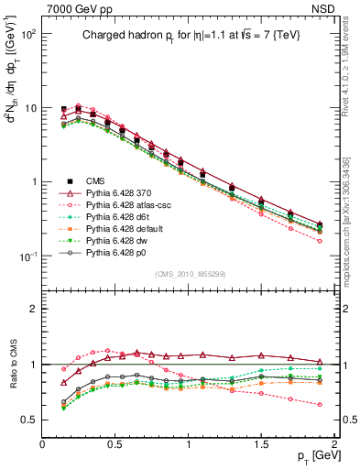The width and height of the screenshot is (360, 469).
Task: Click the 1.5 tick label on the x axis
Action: pyautogui.click(x=261, y=443)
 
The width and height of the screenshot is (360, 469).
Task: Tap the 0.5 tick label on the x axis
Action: pyautogui.click(x=115, y=443)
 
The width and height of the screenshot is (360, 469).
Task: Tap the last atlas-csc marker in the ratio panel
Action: pyautogui.click(x=320, y=404)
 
